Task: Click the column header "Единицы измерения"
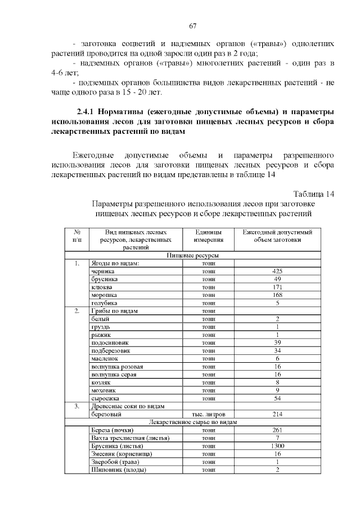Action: point(209,236)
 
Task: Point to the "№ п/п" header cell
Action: point(78,236)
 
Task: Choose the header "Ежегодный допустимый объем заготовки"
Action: point(277,236)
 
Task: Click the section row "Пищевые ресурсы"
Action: point(193,255)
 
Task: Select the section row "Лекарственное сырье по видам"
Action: point(193,422)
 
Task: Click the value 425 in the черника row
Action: point(277,271)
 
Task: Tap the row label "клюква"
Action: point(102,287)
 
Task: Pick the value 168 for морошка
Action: point(277,295)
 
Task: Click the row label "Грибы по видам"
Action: point(114,311)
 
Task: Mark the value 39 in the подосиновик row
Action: point(277,343)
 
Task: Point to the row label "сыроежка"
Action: point(105,398)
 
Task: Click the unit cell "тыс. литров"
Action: point(209,414)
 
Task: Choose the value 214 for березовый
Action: point(277,414)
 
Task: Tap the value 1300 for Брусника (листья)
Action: point(277,445)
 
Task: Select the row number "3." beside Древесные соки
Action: point(78,406)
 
